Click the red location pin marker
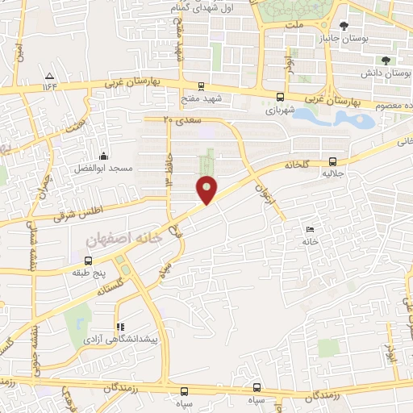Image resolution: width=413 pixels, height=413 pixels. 207,190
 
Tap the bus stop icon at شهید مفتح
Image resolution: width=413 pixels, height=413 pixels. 201,86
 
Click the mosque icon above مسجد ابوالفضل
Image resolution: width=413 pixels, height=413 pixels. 102,156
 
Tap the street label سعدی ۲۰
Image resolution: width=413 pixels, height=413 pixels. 179,119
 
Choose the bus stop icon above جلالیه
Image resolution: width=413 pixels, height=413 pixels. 333,161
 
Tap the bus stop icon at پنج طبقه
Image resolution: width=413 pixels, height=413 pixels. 88,261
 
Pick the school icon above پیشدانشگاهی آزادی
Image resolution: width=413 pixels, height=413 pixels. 119,327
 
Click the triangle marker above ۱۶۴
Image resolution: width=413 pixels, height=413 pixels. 49,75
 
